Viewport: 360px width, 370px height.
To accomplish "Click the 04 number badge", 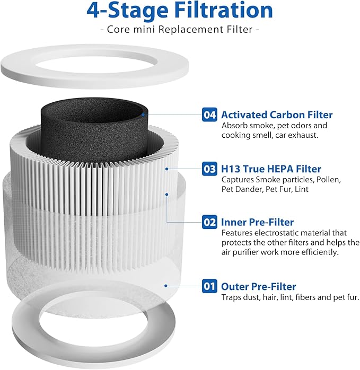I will pos(210,114).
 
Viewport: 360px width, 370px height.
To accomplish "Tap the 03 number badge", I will pos(210,169).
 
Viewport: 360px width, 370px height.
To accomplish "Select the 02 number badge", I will pos(210,222).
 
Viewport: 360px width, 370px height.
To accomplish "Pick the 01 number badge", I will pos(210,287).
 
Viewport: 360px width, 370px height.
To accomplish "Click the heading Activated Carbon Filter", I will pos(277,114).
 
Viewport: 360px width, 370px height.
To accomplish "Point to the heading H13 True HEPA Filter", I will pos(271,169).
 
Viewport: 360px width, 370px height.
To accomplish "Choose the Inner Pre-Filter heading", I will pos(257,222).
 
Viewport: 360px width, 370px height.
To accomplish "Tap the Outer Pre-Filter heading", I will pos(258,287).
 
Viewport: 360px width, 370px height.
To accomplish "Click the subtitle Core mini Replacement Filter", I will pos(180,30).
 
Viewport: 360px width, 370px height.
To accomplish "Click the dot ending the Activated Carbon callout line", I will pos(143,114).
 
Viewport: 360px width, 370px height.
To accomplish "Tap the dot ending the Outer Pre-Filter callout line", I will pos(166,286).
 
